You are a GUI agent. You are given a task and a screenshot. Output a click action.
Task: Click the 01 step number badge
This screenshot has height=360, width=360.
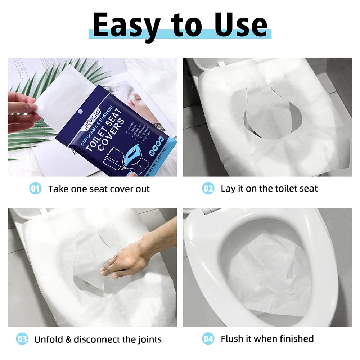pyautogui.click(x=35, y=188)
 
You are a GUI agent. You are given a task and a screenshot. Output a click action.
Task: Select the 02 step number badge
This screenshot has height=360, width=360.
pyautogui.click(x=208, y=188)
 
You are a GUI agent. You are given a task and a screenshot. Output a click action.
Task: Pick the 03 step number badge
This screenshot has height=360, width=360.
pyautogui.click(x=22, y=339)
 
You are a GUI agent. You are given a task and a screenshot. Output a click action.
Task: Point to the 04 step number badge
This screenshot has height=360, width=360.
pyautogui.click(x=208, y=339)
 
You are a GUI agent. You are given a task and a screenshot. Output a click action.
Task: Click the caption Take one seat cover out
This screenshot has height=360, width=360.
pyautogui.click(x=99, y=189)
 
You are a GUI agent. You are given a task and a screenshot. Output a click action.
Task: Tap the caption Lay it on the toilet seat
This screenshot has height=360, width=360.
pyautogui.click(x=269, y=188)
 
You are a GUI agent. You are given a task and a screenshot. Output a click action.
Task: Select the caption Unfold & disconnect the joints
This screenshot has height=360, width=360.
pyautogui.click(x=98, y=339)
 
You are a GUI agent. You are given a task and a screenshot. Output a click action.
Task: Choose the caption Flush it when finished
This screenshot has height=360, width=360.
pyautogui.click(x=267, y=339)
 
